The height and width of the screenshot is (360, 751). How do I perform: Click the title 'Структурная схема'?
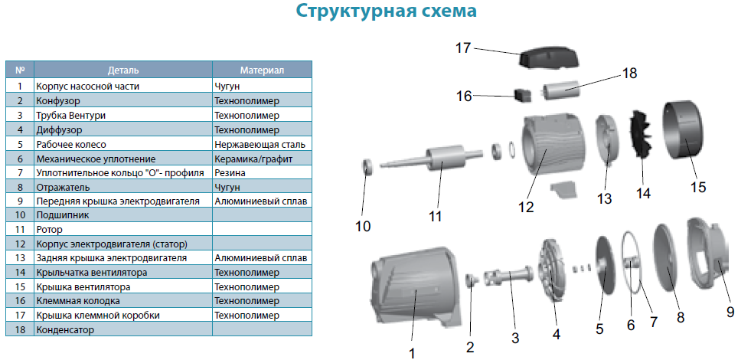[386, 11]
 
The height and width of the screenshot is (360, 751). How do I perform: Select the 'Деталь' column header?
[123, 70]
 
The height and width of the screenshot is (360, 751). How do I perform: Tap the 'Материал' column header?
[262, 70]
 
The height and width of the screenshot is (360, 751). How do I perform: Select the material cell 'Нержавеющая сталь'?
[260, 144]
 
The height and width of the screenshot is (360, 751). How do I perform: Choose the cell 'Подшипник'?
[62, 215]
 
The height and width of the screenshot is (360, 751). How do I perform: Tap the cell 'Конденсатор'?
[64, 330]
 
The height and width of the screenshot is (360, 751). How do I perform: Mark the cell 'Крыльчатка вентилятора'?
[91, 273]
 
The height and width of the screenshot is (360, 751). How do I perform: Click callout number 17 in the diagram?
[464, 48]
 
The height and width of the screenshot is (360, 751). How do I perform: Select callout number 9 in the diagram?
[730, 312]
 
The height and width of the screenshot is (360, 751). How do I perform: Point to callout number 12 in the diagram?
[525, 207]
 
